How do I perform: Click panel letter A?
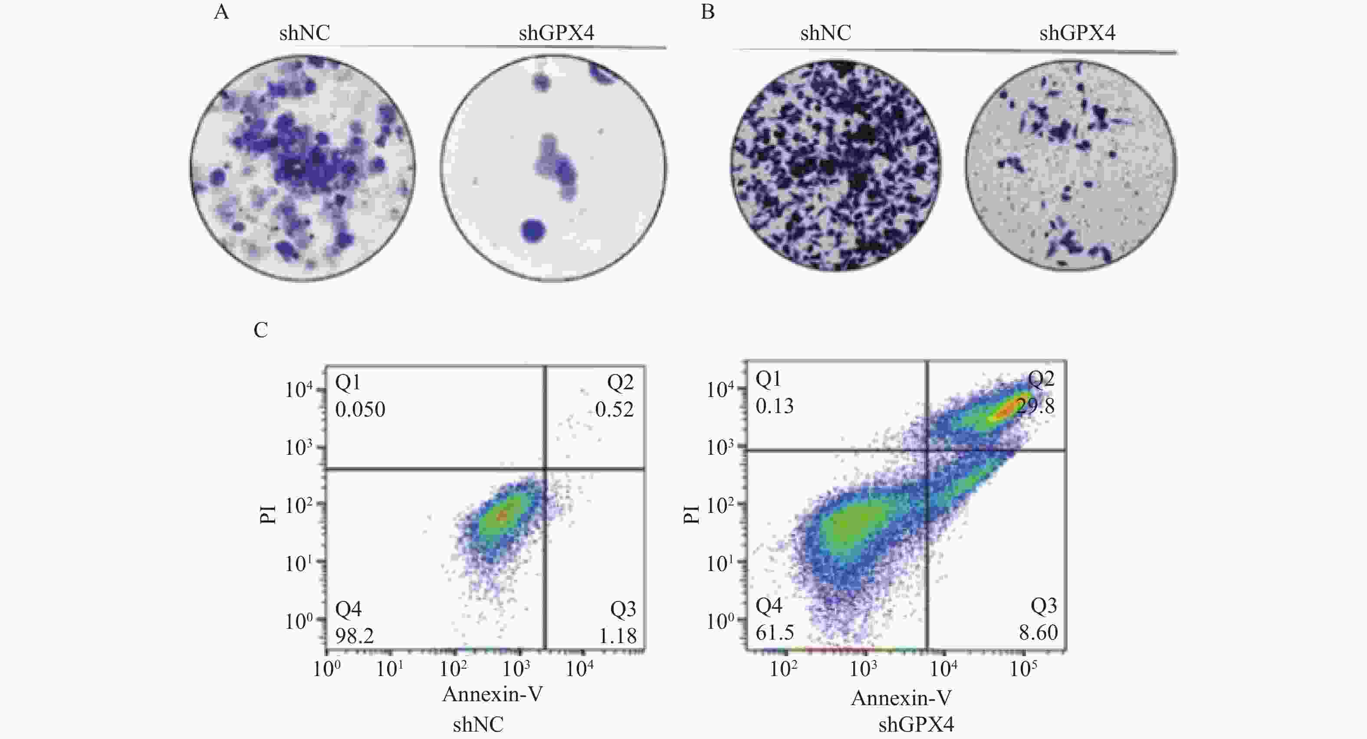221,12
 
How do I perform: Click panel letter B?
707,12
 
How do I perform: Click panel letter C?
260,330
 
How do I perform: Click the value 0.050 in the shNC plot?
360,410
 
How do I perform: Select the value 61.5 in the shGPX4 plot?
775,632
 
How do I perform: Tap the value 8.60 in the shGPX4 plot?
1038,632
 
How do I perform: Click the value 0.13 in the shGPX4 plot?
775,406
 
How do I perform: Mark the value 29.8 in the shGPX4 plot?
1035,406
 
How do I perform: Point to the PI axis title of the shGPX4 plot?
691,513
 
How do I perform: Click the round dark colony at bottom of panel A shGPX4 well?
533,230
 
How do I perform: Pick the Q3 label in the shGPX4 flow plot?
1043,605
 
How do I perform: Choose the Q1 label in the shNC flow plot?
348,382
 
